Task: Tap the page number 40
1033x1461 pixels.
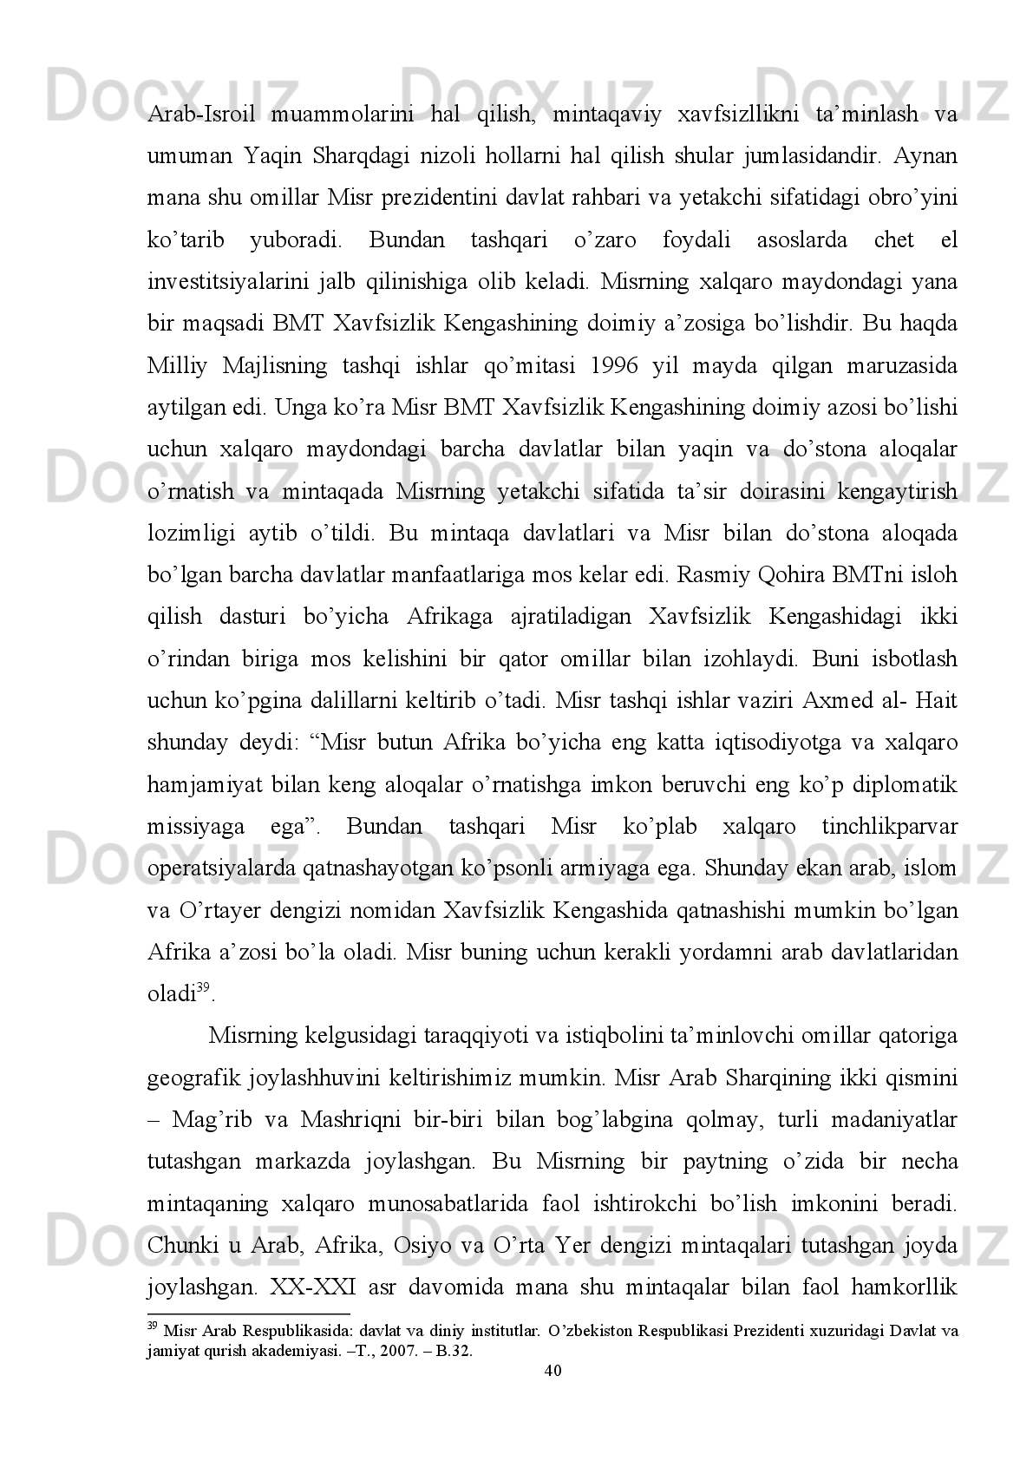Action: tap(552, 1370)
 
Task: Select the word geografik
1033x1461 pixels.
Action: tap(194, 1078)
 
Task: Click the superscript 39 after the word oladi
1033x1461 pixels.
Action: tap(204, 987)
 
